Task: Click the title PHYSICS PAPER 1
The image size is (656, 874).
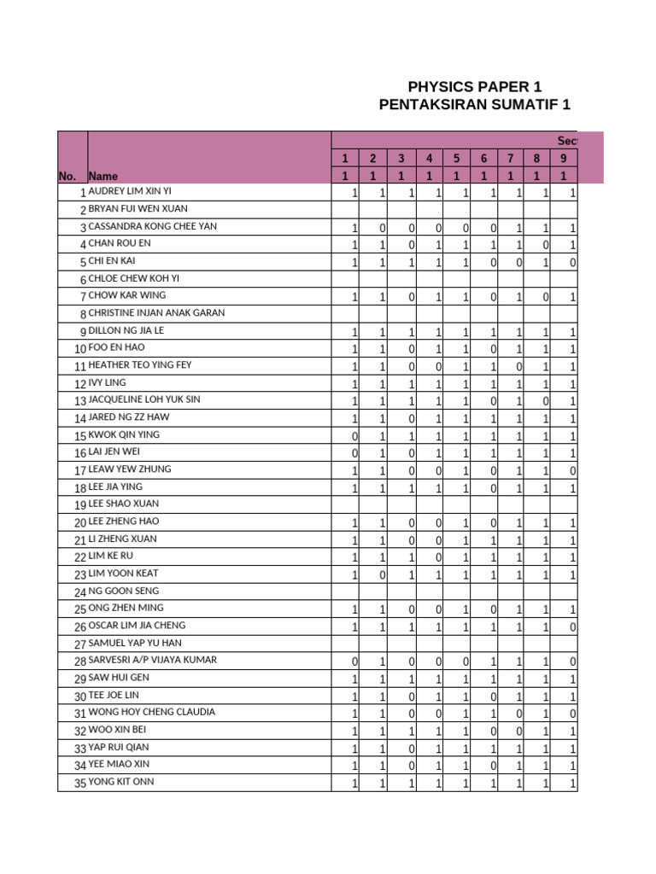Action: click(475, 87)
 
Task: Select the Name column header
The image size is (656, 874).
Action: click(103, 176)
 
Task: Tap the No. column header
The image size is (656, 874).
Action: click(67, 176)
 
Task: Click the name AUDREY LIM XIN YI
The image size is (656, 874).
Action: click(130, 191)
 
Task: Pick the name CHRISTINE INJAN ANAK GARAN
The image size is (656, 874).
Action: click(157, 313)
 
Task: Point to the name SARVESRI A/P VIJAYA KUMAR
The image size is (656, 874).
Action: click(153, 661)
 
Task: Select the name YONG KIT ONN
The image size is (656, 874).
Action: click(121, 782)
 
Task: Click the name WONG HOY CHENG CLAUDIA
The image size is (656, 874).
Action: click(152, 713)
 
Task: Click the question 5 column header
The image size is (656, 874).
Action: click(456, 158)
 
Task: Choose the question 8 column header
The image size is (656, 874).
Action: click(536, 158)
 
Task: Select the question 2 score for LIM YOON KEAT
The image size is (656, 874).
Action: click(382, 574)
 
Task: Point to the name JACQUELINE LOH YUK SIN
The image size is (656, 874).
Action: click(144, 400)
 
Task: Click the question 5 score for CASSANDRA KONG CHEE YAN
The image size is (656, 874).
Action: click(465, 228)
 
